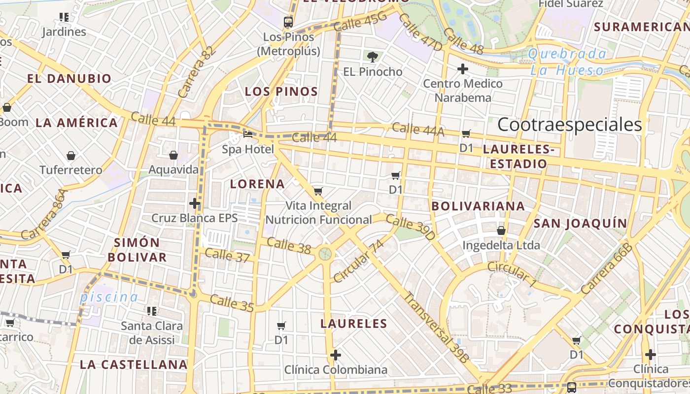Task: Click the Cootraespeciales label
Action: (x=569, y=125)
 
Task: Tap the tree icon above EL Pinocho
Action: (x=373, y=57)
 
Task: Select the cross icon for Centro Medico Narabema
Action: (x=462, y=69)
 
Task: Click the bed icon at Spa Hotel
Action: (x=248, y=134)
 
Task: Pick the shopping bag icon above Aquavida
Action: (x=173, y=156)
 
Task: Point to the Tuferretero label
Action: (x=71, y=170)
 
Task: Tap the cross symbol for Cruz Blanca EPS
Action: (x=195, y=203)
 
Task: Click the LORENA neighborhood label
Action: (x=258, y=184)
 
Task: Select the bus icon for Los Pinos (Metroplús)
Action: (x=288, y=22)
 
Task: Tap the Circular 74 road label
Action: (x=358, y=262)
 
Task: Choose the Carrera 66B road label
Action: (x=607, y=269)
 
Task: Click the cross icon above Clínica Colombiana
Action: (x=336, y=355)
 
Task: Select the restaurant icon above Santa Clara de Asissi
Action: (x=152, y=311)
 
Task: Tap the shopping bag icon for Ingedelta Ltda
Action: (x=501, y=230)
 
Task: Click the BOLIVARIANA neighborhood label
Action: (x=478, y=206)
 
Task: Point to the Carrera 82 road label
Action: (x=197, y=72)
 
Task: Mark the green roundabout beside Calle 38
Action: (x=324, y=254)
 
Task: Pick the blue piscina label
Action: (x=109, y=297)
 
